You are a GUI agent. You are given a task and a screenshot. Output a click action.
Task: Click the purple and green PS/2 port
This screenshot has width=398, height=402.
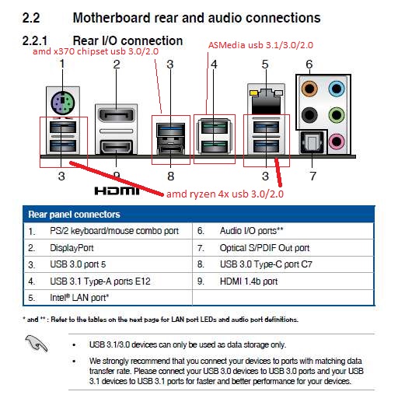tap(63, 103)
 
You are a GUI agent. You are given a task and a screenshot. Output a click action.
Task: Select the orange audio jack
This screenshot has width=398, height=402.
tap(309, 89)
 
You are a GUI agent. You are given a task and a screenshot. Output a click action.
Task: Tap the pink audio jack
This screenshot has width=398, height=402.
tap(337, 142)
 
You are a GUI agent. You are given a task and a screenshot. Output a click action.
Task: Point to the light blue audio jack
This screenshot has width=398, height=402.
tap(337, 89)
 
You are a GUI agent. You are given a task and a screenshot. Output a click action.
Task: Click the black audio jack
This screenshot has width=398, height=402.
tap(309, 115)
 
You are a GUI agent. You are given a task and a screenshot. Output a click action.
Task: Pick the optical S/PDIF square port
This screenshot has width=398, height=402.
tap(312, 143)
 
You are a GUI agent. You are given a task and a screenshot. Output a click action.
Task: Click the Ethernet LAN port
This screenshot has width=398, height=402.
tap(266, 101)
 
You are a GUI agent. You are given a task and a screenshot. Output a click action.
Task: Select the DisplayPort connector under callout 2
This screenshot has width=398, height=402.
tap(117, 116)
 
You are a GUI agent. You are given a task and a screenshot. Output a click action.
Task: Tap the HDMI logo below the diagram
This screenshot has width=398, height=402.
tap(117, 191)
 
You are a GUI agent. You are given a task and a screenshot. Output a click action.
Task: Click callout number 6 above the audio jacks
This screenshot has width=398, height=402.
tap(309, 65)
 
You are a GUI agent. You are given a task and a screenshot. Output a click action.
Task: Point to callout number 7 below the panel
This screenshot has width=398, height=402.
tap(312, 177)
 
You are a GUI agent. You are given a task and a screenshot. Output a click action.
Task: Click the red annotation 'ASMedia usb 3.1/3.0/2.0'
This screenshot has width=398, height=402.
tap(260, 45)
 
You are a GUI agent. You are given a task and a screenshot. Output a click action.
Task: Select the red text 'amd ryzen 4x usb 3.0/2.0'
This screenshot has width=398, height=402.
tap(225, 194)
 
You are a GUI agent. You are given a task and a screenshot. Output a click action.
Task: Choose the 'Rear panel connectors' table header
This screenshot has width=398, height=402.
tap(74, 215)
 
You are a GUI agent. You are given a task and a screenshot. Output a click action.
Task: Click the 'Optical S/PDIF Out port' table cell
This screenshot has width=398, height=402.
tap(264, 248)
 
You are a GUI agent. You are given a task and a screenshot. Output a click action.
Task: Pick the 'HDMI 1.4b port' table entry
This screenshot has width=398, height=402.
tap(249, 281)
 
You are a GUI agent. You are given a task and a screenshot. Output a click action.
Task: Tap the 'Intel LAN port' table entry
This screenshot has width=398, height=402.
tap(79, 298)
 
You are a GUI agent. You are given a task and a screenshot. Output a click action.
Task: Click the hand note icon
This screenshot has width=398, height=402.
tap(37, 344)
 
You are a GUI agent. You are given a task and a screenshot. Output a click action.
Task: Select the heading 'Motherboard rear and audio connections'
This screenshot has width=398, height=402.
tap(197, 18)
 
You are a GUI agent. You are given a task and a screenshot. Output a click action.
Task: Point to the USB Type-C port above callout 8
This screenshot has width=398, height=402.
tap(171, 150)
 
